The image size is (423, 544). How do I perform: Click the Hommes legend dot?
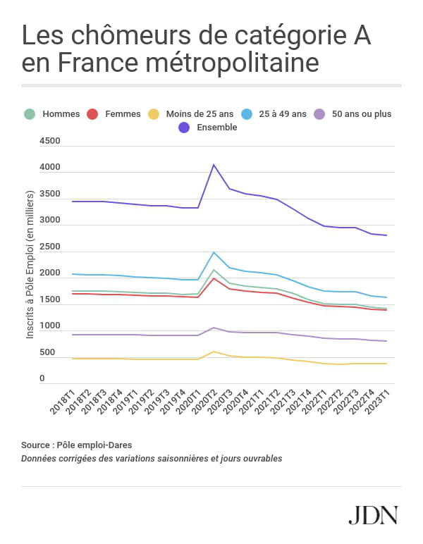click(x=30, y=114)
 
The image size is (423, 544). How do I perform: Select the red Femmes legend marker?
click(x=92, y=114)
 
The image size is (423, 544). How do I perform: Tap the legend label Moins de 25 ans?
click(x=200, y=113)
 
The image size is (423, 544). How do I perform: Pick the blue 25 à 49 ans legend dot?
click(x=247, y=114)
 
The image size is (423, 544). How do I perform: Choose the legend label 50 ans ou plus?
click(x=362, y=113)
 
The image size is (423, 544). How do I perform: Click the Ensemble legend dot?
click(x=184, y=128)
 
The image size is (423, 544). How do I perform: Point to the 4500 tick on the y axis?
click(x=50, y=141)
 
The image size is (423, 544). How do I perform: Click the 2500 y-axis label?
click(x=50, y=247)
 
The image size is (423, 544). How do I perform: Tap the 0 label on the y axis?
click(x=42, y=378)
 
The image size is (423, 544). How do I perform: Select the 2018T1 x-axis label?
click(x=63, y=402)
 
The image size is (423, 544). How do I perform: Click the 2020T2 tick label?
click(x=204, y=402)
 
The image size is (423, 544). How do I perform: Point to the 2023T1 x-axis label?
click(x=378, y=402)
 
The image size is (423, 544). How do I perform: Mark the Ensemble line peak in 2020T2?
click(x=214, y=165)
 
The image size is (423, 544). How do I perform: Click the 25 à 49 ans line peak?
click(x=214, y=252)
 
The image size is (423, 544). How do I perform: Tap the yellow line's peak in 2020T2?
click(x=214, y=352)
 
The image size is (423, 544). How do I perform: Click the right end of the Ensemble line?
click(x=386, y=235)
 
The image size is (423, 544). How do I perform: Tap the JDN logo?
click(x=374, y=515)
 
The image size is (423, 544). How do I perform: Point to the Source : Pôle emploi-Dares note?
click(x=77, y=445)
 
